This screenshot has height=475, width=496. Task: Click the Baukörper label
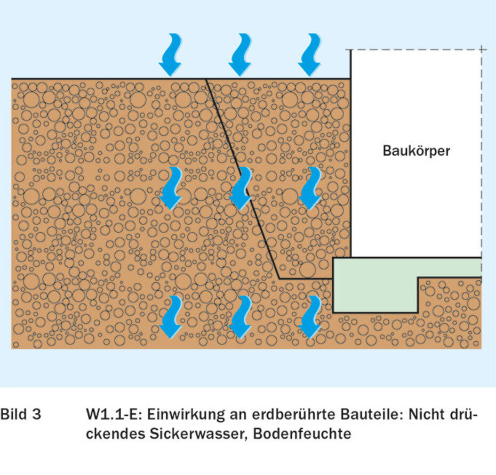[416, 151]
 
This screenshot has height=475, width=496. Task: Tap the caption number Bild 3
[20, 415]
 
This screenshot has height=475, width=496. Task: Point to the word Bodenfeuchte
[302, 433]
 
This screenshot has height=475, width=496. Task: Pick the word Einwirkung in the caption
[178, 415]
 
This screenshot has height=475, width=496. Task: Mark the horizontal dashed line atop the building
[416, 50]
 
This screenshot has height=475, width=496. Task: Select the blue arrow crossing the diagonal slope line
[241, 188]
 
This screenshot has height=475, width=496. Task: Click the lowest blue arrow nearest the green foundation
[310, 317]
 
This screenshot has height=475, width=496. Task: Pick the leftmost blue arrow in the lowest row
[171, 317]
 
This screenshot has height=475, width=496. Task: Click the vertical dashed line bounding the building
[482, 154]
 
